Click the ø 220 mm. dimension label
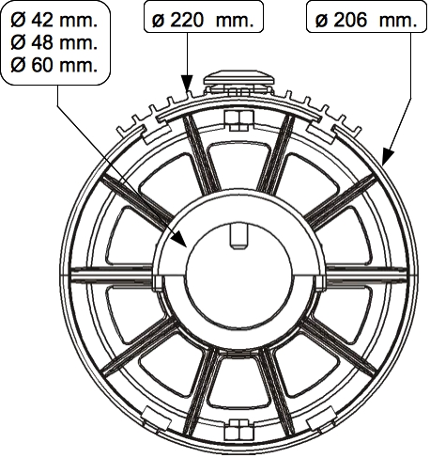[203, 21]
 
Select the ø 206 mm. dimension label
[366, 21]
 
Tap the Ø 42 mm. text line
[54, 21]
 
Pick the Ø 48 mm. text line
[54, 42]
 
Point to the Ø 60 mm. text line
[54, 65]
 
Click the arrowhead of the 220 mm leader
[187, 83]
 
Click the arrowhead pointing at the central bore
[179, 240]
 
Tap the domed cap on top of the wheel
[239, 79]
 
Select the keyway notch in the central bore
[238, 237]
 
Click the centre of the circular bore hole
[239, 276]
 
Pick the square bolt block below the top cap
[239, 120]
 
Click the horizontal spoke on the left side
[112, 274]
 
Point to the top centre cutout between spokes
[238, 166]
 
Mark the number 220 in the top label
[188, 21]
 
